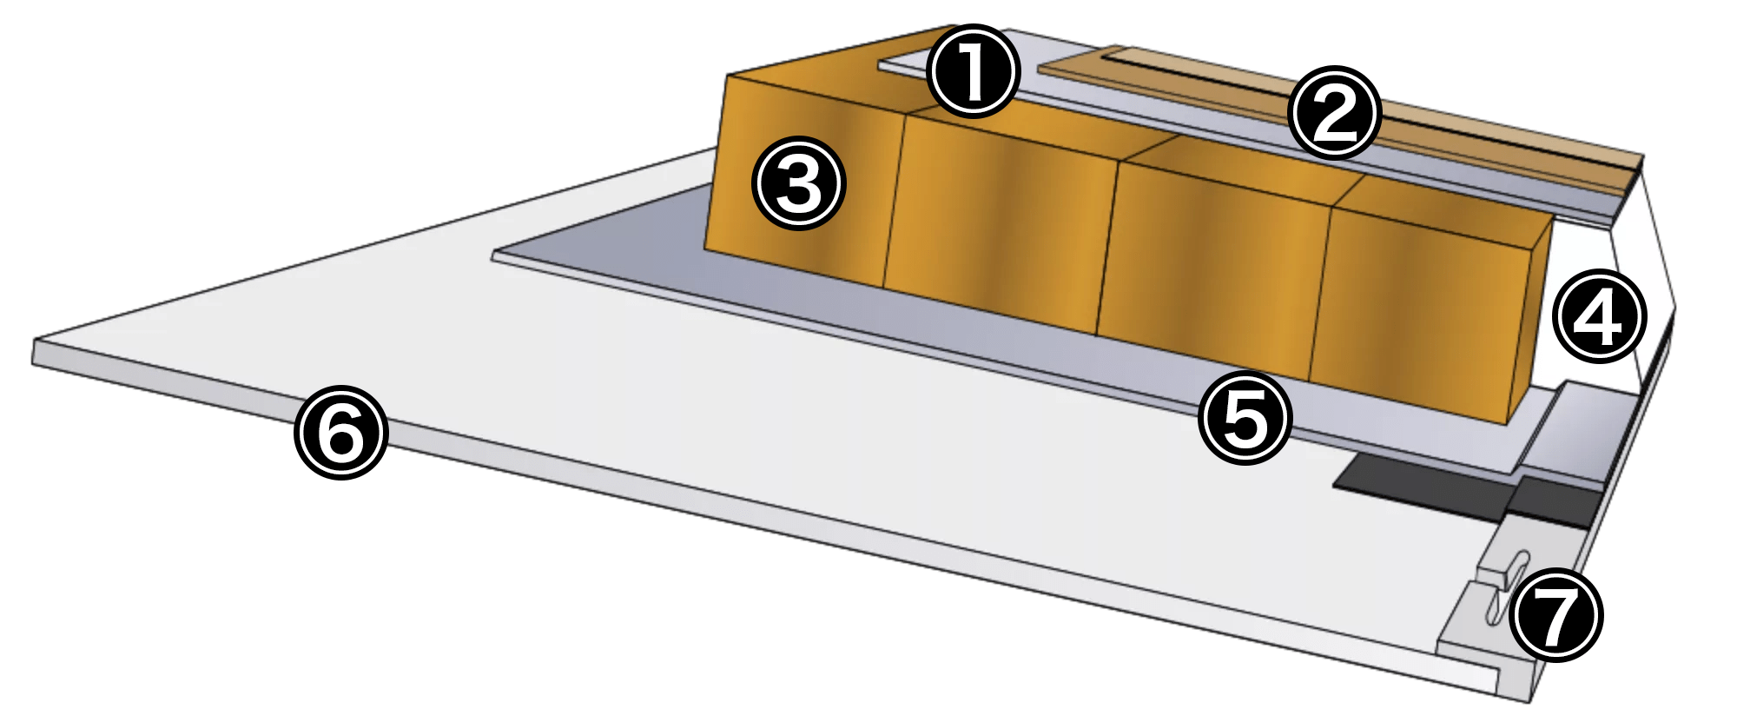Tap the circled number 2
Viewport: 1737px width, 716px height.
[1334, 114]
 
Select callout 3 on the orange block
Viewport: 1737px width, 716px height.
[798, 184]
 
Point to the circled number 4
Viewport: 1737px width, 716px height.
[1599, 317]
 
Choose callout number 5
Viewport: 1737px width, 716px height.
[1245, 417]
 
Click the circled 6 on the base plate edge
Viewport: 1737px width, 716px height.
[340, 432]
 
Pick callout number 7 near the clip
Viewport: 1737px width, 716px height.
[1556, 614]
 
